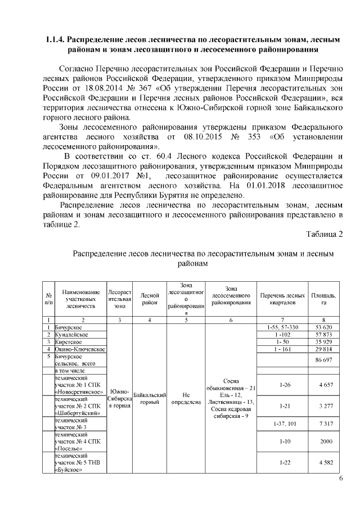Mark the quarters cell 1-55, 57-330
(283, 327)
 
